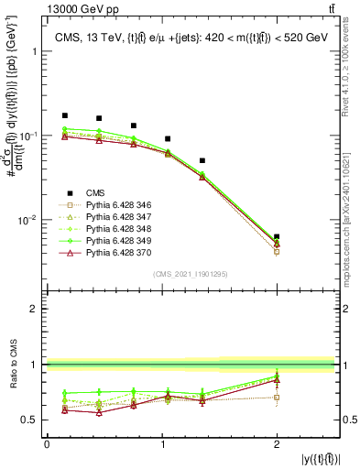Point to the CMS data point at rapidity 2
coord(277,237)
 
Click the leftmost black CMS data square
coord(64,116)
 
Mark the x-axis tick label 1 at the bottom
coord(163,445)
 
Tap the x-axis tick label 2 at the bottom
coord(278,445)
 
